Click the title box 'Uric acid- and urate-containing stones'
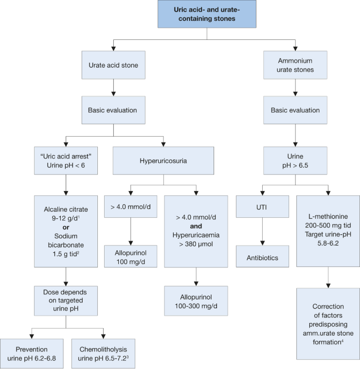[x=207, y=14]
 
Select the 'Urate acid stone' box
[x=113, y=65]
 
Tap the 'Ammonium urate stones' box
[x=295, y=65]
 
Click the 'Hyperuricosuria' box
[x=163, y=161]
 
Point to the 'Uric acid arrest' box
[x=66, y=161]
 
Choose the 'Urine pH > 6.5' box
[x=295, y=161]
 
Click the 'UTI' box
[x=263, y=207]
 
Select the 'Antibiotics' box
[x=263, y=257]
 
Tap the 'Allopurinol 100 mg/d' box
[x=131, y=257]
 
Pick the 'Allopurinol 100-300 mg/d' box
[x=196, y=301]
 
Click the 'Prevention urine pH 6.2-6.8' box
[x=32, y=353]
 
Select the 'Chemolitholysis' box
[x=103, y=353]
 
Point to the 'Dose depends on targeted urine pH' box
[x=66, y=301]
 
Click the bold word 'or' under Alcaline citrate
[x=66, y=228]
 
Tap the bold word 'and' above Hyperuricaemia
[x=196, y=226]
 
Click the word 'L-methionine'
[x=328, y=216]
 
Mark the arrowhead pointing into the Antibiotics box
[x=263, y=243]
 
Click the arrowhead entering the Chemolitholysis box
[x=103, y=336]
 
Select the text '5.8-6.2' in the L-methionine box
[x=328, y=243]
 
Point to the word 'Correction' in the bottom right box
[x=328, y=306]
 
